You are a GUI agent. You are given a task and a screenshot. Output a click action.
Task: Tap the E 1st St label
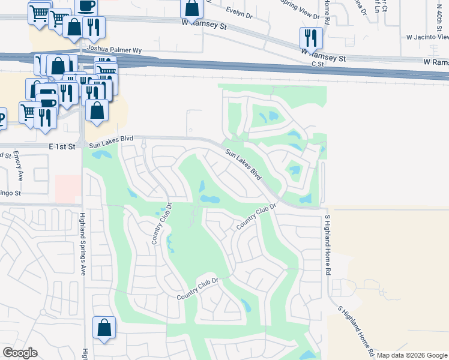click(x=61, y=146)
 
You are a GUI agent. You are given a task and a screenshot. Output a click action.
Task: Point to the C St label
click(x=318, y=64)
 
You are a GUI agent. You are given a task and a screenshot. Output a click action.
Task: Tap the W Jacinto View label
click(x=427, y=37)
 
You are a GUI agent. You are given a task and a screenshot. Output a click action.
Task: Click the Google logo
click(x=20, y=353)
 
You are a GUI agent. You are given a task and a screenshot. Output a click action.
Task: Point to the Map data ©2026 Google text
click(x=412, y=355)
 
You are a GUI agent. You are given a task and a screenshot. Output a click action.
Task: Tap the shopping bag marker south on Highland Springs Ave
click(x=104, y=328)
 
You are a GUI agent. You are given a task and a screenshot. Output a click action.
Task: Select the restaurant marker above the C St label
click(x=311, y=38)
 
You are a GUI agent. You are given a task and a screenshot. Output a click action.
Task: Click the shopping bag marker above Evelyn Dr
click(x=191, y=8)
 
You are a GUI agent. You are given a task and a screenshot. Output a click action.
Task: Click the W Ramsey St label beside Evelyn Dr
click(x=205, y=26)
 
